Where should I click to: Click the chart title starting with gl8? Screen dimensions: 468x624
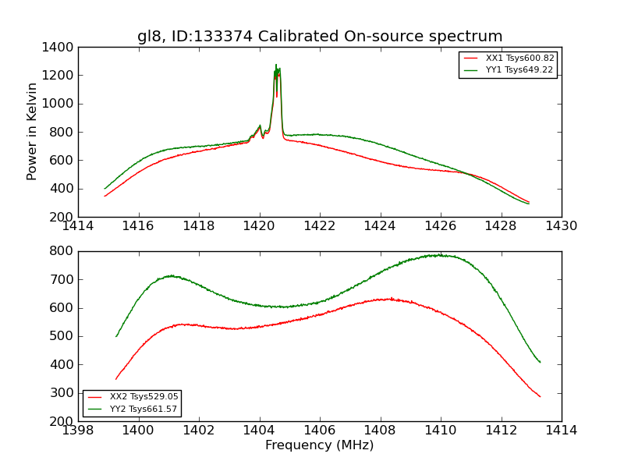320,37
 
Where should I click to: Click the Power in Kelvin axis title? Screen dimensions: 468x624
33,131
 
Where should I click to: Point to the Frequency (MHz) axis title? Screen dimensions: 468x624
320,445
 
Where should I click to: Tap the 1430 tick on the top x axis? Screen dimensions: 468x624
561,226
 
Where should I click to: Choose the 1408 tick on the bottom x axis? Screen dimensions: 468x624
380,431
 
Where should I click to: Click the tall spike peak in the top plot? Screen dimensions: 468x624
276,66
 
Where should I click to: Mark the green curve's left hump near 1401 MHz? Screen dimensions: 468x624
169,275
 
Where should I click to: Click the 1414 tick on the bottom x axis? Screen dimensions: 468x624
561,431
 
